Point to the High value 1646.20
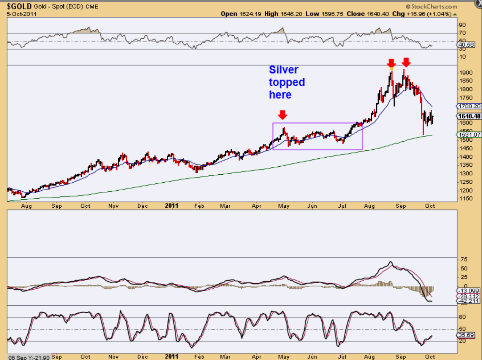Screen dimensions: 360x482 click(x=292, y=14)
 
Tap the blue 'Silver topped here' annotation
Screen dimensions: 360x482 click(x=287, y=82)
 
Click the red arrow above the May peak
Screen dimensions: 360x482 click(x=283, y=114)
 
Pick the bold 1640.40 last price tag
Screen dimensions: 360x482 click(x=469, y=117)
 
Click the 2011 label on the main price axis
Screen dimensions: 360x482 click(x=172, y=206)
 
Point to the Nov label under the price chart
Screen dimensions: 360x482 click(x=114, y=206)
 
